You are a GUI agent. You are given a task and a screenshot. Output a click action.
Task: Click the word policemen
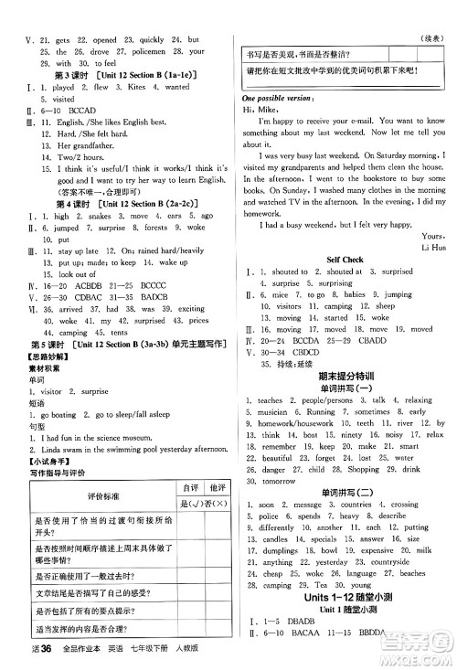pyautogui.click(x=148, y=51)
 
